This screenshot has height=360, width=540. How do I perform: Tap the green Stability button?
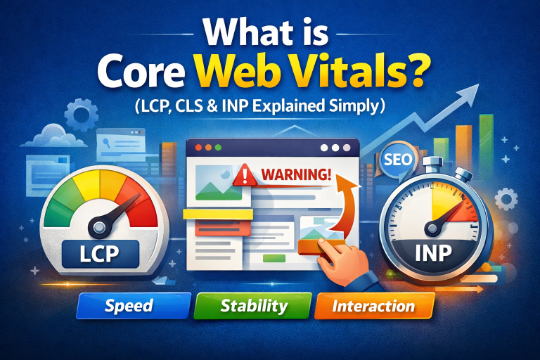pos(253,307)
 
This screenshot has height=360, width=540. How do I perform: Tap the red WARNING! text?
pos(296,174)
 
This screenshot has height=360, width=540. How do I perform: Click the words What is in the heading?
pos(270,32)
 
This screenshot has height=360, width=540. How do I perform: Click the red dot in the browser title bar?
pos(199,149)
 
